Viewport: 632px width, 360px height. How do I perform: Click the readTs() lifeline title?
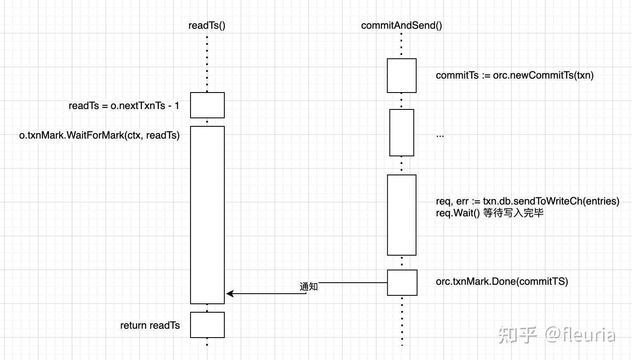tap(207, 26)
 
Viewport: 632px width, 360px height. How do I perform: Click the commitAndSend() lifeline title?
tap(401, 26)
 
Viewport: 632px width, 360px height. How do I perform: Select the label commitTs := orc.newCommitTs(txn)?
tap(515, 76)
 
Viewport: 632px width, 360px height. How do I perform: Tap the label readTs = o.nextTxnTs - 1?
tap(124, 106)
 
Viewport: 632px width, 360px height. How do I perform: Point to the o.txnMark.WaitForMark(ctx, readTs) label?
tap(99, 136)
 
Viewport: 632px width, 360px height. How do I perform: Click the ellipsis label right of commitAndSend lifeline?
tap(440, 136)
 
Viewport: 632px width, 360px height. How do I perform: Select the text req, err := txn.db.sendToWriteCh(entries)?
tap(528, 201)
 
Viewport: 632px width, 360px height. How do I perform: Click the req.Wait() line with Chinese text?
tap(490, 213)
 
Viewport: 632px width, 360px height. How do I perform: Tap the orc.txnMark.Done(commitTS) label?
tap(502, 281)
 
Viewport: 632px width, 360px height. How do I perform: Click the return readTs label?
tap(150, 326)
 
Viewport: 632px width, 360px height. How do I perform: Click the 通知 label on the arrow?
tap(309, 286)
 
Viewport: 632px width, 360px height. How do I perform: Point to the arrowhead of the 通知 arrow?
tap(227, 294)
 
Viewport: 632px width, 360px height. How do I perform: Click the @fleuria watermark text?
tap(580, 335)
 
